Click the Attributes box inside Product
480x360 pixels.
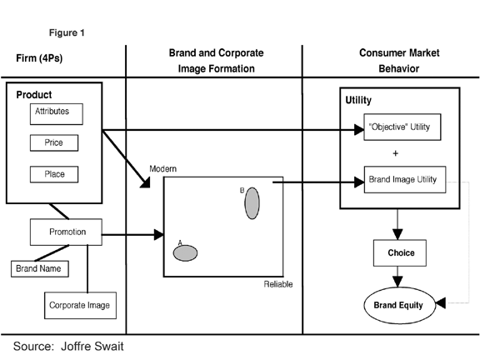(57, 114)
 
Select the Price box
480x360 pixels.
(54, 142)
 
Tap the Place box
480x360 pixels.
(54, 174)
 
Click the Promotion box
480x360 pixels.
(66, 232)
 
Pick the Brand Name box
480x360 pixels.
(40, 269)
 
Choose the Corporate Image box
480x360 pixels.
(80, 305)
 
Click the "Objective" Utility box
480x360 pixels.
(402, 127)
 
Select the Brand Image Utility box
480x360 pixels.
(405, 179)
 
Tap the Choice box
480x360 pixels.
(400, 252)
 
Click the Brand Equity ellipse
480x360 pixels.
(399, 305)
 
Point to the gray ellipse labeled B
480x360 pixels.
(252, 203)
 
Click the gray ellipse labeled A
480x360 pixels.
(185, 253)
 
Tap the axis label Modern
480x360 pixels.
(162, 168)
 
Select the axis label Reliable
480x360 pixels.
(278, 284)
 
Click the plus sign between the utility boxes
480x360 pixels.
(396, 153)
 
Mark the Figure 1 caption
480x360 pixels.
(67, 32)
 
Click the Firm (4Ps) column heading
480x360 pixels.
(39, 57)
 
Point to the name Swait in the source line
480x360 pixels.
(108, 346)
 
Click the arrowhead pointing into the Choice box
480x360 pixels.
(397, 234)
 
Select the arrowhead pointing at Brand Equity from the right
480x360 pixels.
(440, 302)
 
